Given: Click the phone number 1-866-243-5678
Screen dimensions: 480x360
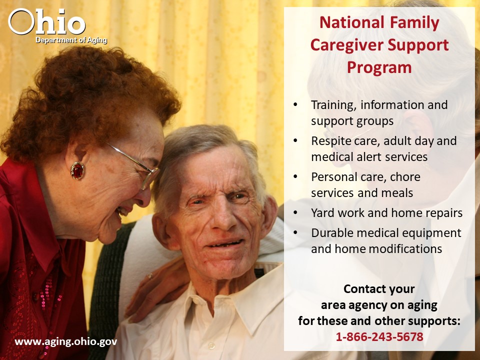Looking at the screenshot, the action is pyautogui.click(x=379, y=336).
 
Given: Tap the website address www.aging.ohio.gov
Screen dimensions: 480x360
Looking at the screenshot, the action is pyautogui.click(x=66, y=341).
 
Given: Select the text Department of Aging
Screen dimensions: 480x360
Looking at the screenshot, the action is pyautogui.click(x=71, y=40).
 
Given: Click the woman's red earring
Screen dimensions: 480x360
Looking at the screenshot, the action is pyautogui.click(x=77, y=171).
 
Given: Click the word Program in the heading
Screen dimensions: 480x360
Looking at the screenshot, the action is pyautogui.click(x=379, y=68).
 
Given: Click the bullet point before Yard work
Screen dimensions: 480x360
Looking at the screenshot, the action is pyautogui.click(x=295, y=212).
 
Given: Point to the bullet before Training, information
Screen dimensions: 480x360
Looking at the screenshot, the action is pyautogui.click(x=295, y=104).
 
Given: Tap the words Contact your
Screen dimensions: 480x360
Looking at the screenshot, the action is pyautogui.click(x=379, y=289).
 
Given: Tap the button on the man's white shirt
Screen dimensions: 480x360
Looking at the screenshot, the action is pyautogui.click(x=211, y=346).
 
